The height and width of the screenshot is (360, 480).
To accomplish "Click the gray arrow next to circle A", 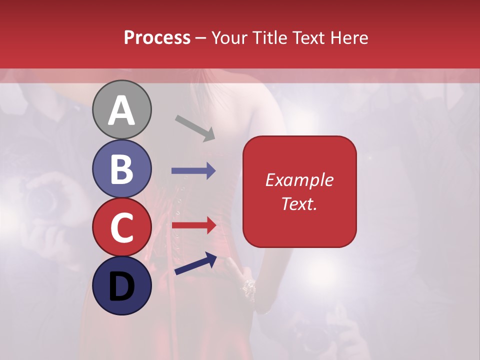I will point(195,127).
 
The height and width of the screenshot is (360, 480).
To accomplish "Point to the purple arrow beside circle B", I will point(193,171).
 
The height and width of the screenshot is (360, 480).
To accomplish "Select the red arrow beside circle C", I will point(194,225).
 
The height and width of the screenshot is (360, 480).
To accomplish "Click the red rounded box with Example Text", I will point(299,191).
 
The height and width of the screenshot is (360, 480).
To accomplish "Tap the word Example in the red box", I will point(299,180).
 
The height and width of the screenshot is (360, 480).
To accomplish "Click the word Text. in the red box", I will point(299,204).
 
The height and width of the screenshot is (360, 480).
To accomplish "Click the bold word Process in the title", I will point(157,37).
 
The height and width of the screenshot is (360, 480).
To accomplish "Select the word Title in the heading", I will point(269,37).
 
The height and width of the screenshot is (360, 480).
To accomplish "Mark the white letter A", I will point(121,111).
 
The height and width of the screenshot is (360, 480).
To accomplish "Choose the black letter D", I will point(121,287).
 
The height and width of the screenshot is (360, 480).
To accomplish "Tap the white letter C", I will point(121,228).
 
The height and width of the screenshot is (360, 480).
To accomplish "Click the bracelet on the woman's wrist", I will point(248,287).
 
